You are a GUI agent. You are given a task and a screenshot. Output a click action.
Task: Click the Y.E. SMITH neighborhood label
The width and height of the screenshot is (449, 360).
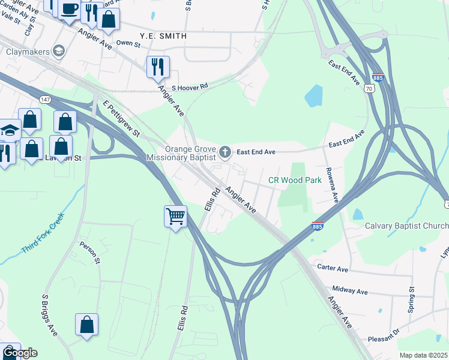click(x=163, y=36)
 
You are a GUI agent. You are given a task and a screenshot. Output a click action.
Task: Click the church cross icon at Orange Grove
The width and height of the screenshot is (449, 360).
click(x=225, y=152)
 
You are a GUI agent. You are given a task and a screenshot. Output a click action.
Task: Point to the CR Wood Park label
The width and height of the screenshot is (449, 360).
click(x=290, y=180)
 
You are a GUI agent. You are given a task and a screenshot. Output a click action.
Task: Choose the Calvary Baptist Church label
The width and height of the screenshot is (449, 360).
click(x=406, y=226)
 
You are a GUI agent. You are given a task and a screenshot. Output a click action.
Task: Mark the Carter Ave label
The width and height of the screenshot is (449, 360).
click(x=333, y=268)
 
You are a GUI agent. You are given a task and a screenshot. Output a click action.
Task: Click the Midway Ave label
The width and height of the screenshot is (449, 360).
click(x=349, y=290)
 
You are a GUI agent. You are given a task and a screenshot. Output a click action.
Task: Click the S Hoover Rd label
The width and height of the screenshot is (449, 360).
click(x=190, y=87)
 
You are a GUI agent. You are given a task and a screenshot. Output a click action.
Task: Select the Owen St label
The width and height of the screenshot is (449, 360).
click(x=128, y=43)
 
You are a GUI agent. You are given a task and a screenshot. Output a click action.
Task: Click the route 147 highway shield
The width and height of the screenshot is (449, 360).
click(x=46, y=98)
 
